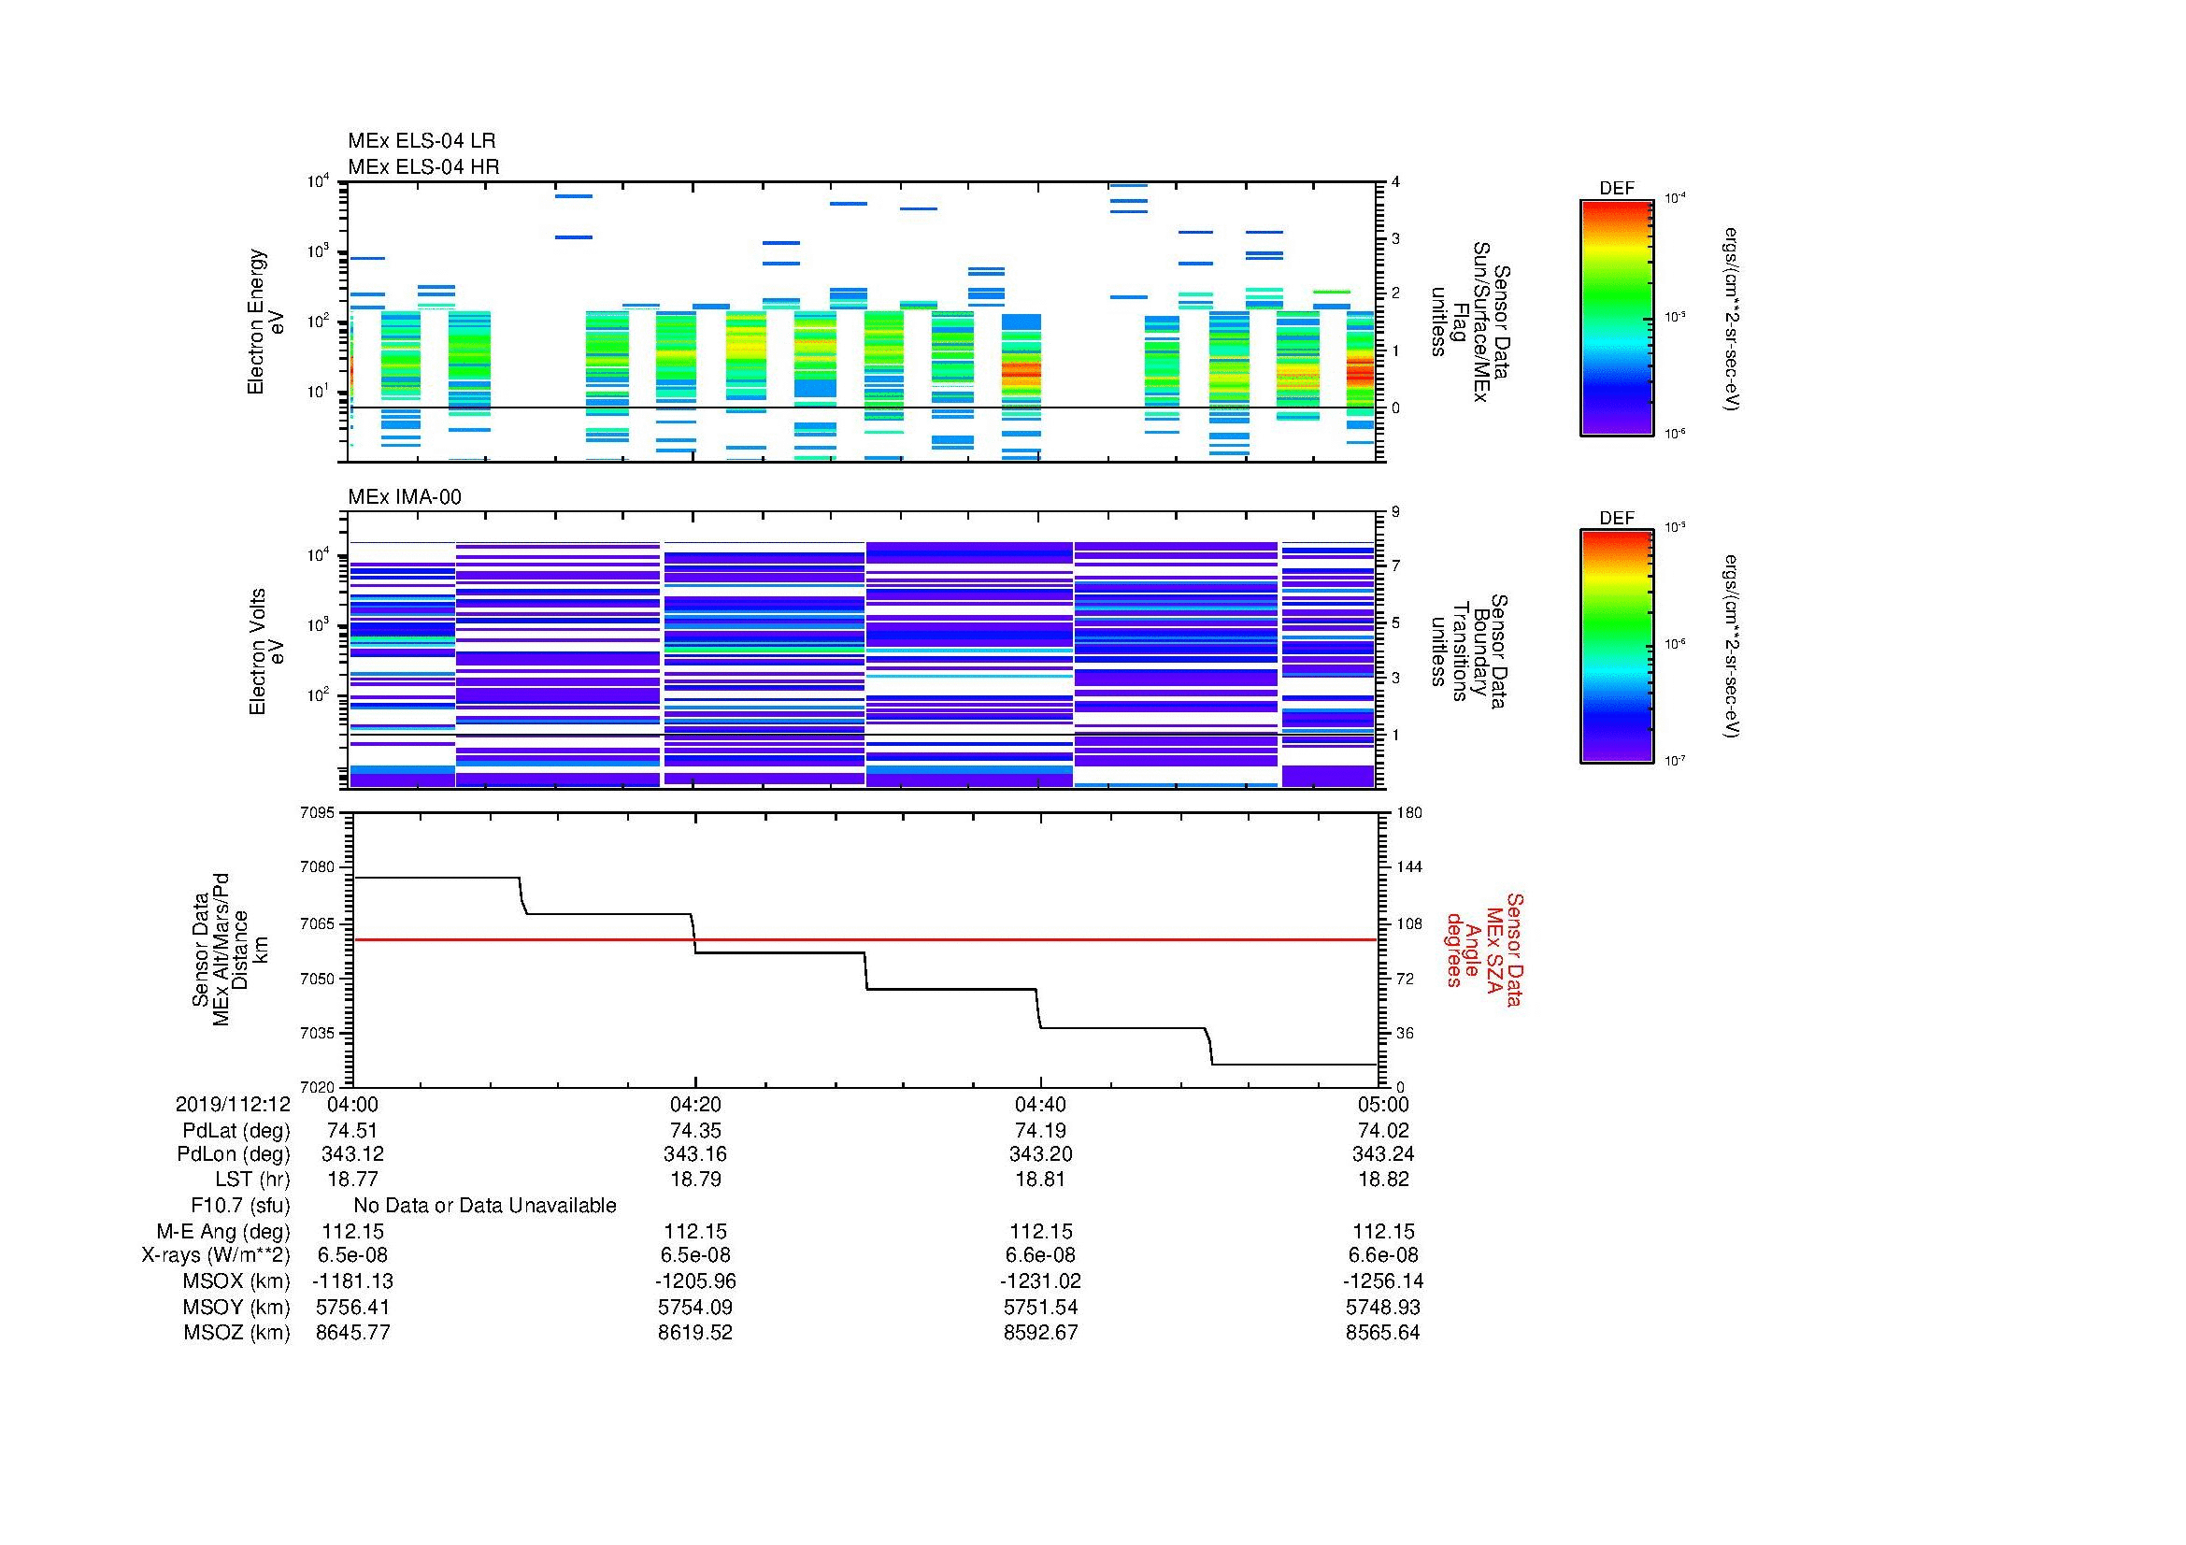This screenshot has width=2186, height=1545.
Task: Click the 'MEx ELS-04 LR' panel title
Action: [x=421, y=141]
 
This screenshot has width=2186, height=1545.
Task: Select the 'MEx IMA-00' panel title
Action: [x=404, y=497]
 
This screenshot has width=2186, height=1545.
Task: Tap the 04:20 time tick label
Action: [x=695, y=1104]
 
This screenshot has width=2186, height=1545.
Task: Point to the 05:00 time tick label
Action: [x=1382, y=1104]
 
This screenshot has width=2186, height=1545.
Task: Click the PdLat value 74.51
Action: [x=352, y=1130]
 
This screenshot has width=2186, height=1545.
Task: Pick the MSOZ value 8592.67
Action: [x=1039, y=1333]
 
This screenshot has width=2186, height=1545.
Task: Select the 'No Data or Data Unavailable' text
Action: [x=485, y=1206]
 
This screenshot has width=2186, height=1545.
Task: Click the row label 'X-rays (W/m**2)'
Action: [x=215, y=1255]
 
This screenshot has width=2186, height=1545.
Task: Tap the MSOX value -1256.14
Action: [x=1382, y=1281]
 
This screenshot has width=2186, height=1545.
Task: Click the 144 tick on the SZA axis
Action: [x=1408, y=867]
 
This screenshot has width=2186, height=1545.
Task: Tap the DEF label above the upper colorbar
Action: [x=1616, y=189]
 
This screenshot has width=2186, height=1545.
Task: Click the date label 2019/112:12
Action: [x=233, y=1104]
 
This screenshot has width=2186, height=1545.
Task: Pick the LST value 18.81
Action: [x=1039, y=1180]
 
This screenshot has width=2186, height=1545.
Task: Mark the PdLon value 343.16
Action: [x=695, y=1154]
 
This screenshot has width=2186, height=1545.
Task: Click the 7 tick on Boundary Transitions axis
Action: [x=1395, y=566]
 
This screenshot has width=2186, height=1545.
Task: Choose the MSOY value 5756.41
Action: [x=352, y=1307]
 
